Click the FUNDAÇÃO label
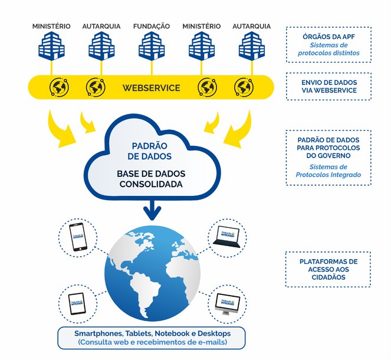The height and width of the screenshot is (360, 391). (x=152, y=27)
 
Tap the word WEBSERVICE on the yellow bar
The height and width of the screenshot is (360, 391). (x=151, y=88)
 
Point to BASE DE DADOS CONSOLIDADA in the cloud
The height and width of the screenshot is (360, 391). (x=152, y=179)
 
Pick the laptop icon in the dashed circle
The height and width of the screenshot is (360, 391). (x=226, y=235)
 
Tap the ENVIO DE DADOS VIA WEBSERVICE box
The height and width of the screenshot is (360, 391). (x=328, y=86)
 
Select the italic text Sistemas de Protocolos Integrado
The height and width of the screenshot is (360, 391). (x=328, y=171)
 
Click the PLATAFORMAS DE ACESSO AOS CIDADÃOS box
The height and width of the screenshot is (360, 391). (x=328, y=269)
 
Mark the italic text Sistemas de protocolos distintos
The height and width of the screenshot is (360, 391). (x=328, y=52)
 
